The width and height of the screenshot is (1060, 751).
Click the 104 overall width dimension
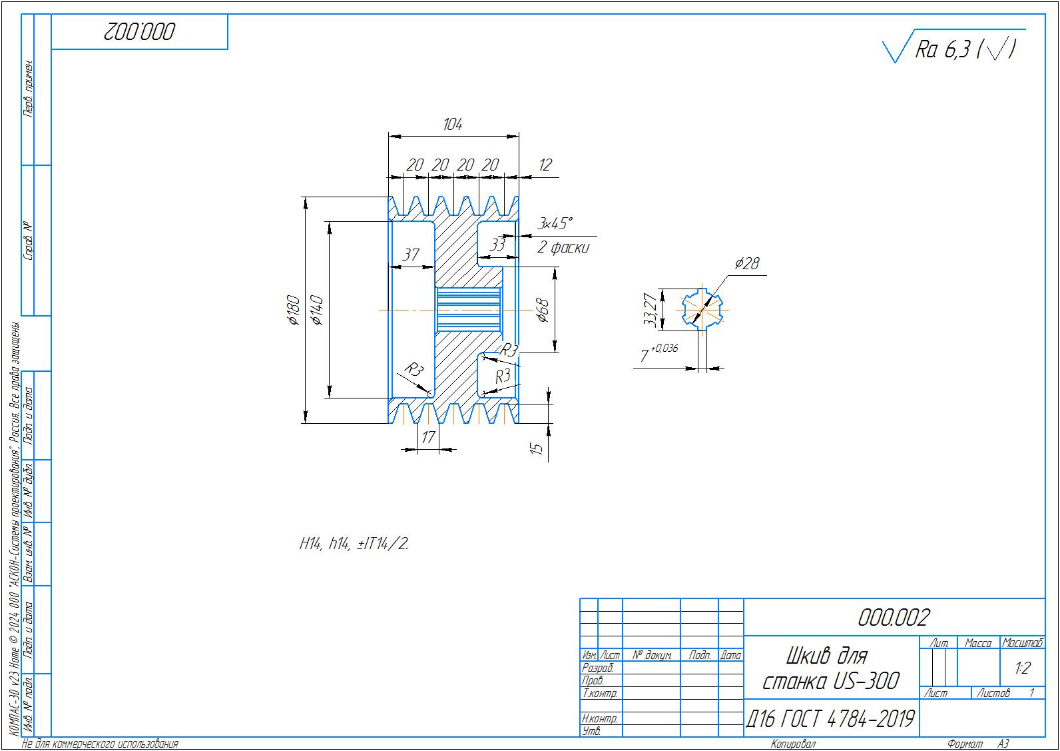point(453,125)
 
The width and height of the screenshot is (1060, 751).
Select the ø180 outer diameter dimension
point(294,310)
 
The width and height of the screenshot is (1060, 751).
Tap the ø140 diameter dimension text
point(317,310)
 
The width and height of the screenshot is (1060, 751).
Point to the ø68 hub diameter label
point(543,310)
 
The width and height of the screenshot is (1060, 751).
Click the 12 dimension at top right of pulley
point(545,165)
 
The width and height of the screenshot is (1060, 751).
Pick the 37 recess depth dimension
point(411,255)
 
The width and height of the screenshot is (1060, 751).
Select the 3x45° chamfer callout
point(555,223)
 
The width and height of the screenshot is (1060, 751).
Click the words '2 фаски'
point(563,248)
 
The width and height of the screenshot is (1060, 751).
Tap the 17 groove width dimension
point(427,437)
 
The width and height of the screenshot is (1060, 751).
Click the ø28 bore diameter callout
point(747,264)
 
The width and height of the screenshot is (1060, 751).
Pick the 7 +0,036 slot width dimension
point(659,353)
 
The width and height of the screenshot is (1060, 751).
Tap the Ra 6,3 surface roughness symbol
point(952,48)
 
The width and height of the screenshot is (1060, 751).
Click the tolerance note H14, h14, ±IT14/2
point(354,544)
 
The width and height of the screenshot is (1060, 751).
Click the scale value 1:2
point(1022,668)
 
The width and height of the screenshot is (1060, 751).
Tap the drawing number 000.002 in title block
point(893,618)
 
